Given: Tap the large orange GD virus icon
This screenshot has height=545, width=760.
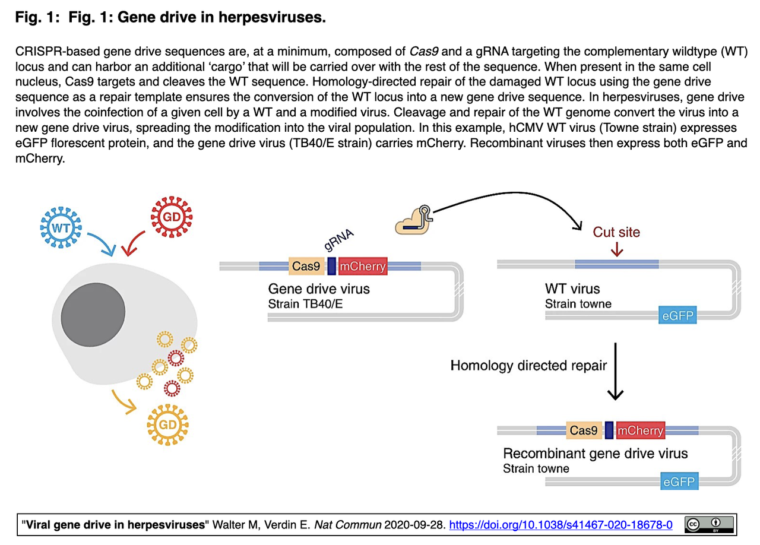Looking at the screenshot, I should click(168, 424).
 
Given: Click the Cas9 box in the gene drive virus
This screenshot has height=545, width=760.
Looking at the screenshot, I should click(306, 267).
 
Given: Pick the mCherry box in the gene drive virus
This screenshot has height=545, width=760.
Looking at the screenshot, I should click(362, 267).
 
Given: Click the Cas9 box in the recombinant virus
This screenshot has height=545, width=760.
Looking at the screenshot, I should click(583, 430).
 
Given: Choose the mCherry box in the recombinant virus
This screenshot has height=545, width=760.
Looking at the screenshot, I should click(640, 430).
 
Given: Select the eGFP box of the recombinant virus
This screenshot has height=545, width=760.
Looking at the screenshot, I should click(678, 481).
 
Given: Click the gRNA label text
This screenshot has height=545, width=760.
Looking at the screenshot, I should click(339, 243).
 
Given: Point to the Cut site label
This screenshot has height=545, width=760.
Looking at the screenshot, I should click(616, 232).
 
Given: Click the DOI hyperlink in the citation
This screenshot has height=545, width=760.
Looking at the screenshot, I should click(560, 525).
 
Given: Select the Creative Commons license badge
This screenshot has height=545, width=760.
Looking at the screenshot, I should click(709, 525).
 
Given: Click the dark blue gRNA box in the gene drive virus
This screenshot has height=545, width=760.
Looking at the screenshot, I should click(332, 267).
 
